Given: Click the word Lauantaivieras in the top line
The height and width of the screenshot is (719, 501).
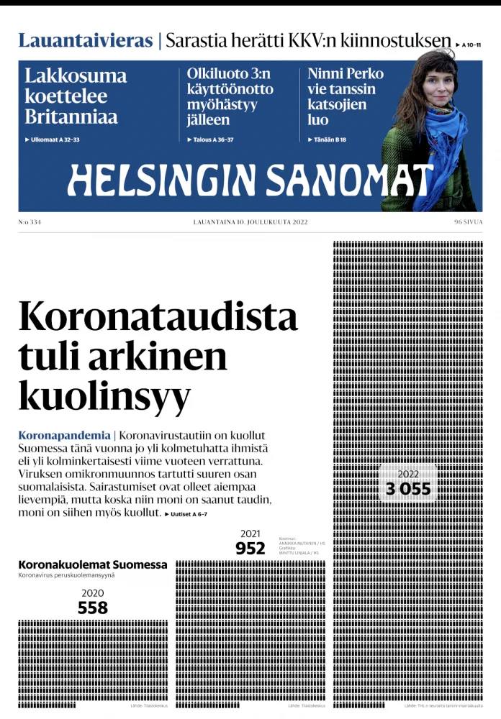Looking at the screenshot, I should (x=85, y=40).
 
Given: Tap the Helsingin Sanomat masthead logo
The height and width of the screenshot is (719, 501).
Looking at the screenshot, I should (x=250, y=180).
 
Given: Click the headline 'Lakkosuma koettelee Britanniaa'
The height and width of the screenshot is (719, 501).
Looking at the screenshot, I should (x=76, y=96).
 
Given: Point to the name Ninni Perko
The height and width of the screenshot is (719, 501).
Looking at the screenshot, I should (x=346, y=73).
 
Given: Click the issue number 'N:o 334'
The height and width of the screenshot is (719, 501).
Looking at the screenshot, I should (x=30, y=222).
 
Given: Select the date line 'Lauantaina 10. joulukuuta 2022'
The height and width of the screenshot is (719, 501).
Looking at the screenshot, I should (x=250, y=222).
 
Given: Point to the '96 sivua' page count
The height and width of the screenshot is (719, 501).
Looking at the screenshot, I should (x=468, y=222).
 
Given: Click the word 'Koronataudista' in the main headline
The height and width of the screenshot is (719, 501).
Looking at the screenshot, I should (x=158, y=317).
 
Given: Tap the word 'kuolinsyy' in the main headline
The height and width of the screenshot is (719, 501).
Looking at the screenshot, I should (x=104, y=394).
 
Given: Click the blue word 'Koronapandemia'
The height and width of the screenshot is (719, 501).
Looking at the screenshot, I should (x=64, y=435).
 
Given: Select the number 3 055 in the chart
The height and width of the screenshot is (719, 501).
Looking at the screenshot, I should (x=407, y=490).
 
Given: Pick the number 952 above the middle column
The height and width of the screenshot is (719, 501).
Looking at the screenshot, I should (x=250, y=549).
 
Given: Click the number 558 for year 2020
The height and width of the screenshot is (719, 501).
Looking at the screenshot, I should (x=93, y=608).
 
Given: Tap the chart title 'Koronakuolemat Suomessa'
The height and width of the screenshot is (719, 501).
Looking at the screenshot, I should (x=92, y=564).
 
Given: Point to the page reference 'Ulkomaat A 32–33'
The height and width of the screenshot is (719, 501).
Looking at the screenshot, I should (x=52, y=139).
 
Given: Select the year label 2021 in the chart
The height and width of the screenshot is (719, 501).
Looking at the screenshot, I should (x=250, y=533).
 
